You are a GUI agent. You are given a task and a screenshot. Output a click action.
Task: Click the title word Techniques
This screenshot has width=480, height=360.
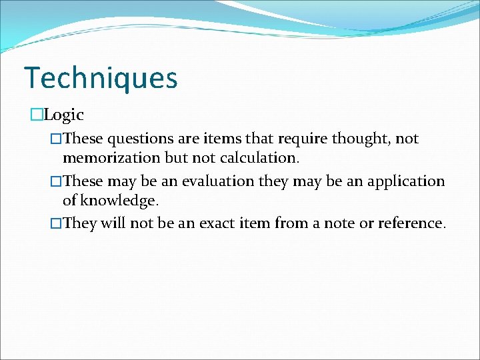tap(101, 78)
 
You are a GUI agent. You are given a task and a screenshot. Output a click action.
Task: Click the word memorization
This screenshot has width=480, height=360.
tap(111, 158)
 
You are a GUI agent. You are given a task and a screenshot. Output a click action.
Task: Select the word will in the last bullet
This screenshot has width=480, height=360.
tap(113, 223)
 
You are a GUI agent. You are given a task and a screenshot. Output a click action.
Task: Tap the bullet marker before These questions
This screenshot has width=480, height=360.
tap(57, 139)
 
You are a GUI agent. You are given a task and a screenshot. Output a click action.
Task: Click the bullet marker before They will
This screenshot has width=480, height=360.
tap(57, 223)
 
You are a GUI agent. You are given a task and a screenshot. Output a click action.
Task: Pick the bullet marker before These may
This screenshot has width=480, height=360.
tap(57, 181)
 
